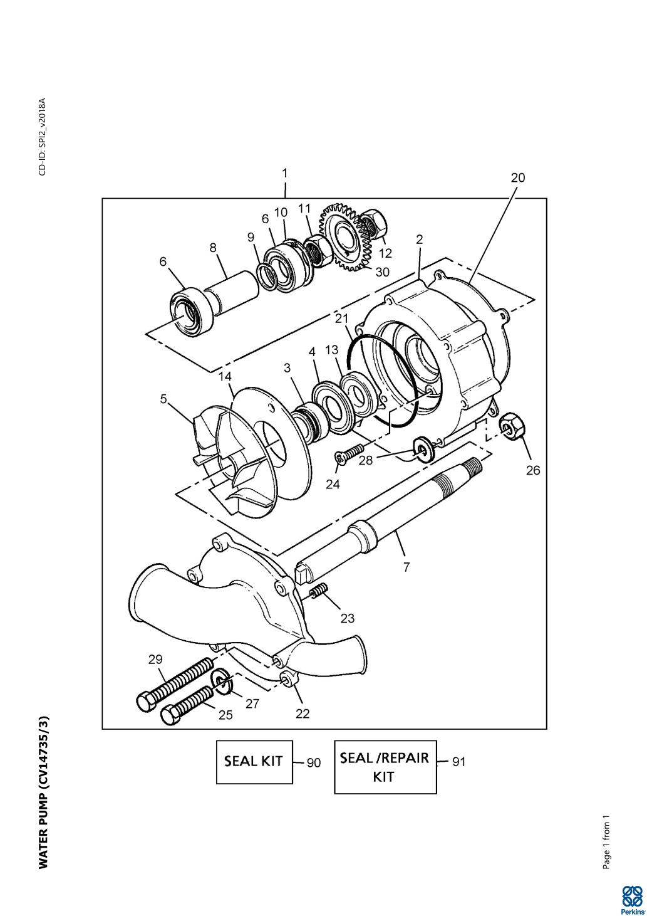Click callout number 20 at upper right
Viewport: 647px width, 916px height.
pos(517,178)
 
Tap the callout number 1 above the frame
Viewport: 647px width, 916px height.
pos(285,173)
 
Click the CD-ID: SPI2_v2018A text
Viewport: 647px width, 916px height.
pos(43,137)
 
